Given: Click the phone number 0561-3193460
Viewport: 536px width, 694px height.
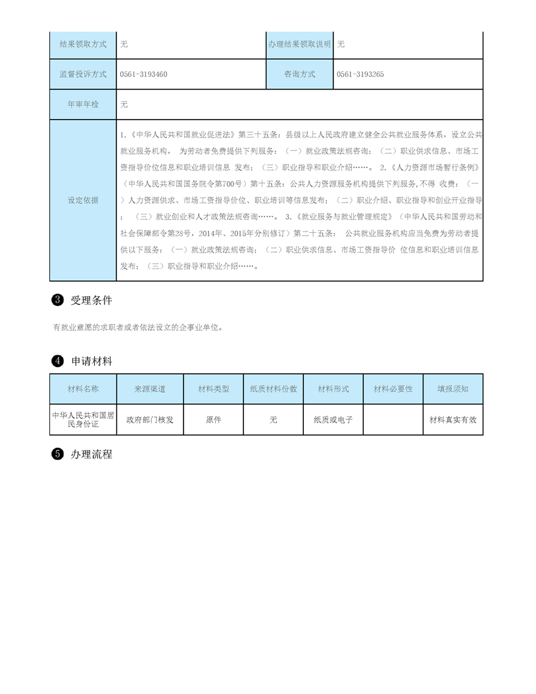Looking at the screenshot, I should pos(144,74).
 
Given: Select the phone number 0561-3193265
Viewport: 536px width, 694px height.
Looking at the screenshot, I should pos(360,74).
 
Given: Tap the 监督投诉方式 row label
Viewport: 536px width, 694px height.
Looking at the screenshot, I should pos(83,74).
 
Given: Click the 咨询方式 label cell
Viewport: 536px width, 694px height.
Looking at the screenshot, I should pos(299,74).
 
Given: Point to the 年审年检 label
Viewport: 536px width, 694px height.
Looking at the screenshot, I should pos(83,105).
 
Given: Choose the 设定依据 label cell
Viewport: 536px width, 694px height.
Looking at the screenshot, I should pos(83,200).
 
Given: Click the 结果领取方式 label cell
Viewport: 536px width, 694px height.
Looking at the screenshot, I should pos(83,44).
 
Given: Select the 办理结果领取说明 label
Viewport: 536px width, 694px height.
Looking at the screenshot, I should pos(299,44).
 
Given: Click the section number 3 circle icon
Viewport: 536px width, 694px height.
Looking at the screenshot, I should pos(57,301).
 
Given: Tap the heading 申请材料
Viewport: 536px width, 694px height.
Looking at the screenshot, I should pos(91,361).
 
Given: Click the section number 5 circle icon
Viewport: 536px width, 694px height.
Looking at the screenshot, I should pos(57,454).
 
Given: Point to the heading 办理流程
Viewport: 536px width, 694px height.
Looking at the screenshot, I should pos(91,454).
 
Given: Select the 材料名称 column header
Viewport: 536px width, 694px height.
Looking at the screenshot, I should pos(83,389).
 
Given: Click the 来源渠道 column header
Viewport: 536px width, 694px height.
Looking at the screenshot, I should pos(150,389).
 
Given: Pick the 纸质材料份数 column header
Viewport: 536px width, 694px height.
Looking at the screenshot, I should pos(274,389).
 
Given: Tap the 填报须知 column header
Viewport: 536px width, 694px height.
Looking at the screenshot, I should pos(452,389).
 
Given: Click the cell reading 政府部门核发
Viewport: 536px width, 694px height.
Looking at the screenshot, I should pos(150,420).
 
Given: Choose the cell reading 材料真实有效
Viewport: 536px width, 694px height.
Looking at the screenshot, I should pos(452,420).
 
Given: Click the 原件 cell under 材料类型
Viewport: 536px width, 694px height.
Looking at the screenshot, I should pos(214,420).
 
